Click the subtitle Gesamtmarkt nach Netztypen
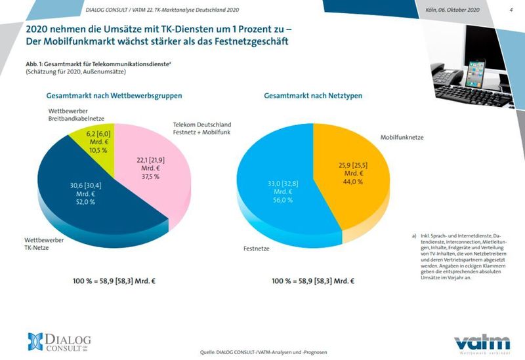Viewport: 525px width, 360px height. [x=313, y=96]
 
